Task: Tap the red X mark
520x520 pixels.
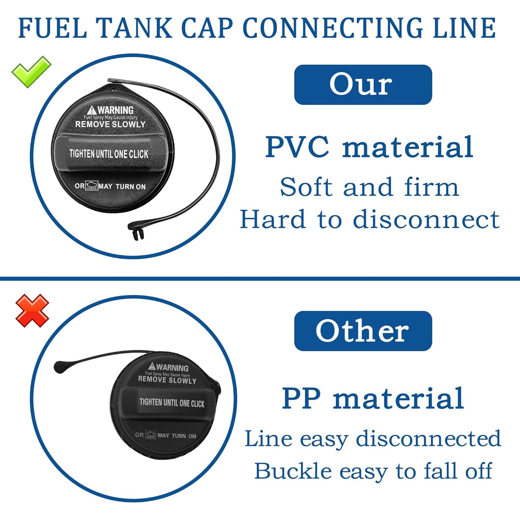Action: tap(32, 311)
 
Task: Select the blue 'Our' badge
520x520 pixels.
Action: tap(363, 85)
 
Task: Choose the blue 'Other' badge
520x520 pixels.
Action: tap(363, 331)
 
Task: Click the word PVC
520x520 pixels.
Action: tap(297, 147)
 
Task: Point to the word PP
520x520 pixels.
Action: tap(301, 399)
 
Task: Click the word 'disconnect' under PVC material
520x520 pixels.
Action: tap(426, 220)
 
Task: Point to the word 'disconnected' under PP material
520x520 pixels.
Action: tap(428, 439)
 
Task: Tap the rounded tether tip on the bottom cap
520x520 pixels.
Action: tap(60, 366)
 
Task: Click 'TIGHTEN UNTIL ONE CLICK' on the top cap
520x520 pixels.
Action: tap(109, 154)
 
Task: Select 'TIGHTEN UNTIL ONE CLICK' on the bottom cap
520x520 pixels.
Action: tap(172, 402)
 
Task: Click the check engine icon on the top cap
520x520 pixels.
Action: tap(92, 186)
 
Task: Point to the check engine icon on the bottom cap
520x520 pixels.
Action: tap(151, 435)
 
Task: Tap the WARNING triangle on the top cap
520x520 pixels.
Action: tap(92, 111)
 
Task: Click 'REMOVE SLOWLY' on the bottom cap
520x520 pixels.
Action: tap(167, 380)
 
